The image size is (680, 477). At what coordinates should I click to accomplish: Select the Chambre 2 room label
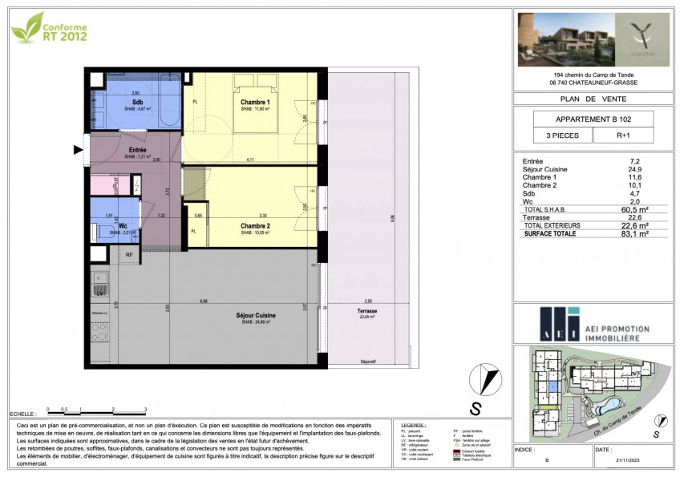click(255, 226)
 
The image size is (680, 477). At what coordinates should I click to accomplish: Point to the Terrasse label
click(368, 311)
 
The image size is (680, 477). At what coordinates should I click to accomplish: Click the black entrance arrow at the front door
click(79, 150)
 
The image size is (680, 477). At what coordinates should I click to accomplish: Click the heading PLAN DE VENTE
click(593, 99)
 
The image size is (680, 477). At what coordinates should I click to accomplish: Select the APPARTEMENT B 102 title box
click(593, 118)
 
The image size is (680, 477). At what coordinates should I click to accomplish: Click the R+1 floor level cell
click(623, 136)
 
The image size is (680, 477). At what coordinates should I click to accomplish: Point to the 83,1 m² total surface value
click(638, 235)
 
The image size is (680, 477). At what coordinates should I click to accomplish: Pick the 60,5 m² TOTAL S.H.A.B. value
click(638, 209)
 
